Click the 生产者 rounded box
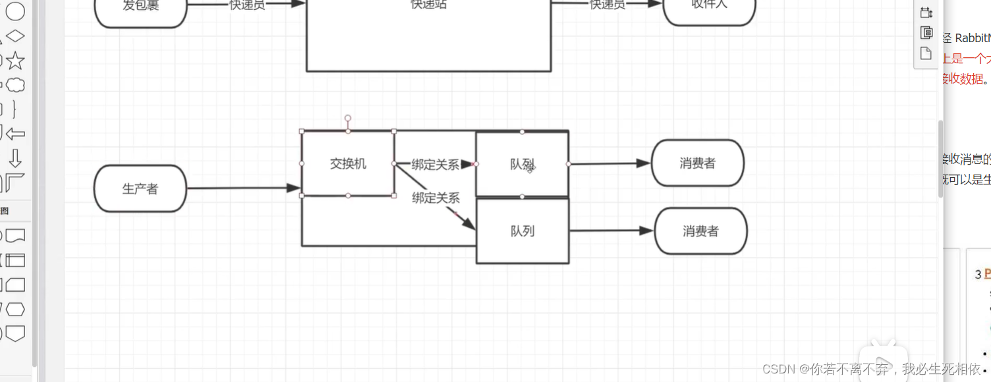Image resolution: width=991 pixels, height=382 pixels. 140,189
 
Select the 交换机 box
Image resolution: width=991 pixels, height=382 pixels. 348,164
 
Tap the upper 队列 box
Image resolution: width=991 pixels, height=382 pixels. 522,164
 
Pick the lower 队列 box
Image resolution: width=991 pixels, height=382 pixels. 522,231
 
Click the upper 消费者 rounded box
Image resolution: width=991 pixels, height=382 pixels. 697,163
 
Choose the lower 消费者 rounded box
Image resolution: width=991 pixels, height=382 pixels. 700,231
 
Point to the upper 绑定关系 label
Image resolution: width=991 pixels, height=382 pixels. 435,165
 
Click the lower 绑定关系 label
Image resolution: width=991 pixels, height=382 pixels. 436,198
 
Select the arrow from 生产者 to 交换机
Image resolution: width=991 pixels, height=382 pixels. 244,188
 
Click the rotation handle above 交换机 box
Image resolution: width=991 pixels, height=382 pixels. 348,119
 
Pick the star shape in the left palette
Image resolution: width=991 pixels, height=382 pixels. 15,61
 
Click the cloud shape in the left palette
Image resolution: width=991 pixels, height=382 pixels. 15,85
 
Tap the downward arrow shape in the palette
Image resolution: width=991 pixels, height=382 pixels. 15,158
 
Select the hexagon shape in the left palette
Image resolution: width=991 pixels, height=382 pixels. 15,309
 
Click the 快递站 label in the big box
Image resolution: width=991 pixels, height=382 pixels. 428,5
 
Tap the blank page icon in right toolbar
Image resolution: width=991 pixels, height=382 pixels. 926,53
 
